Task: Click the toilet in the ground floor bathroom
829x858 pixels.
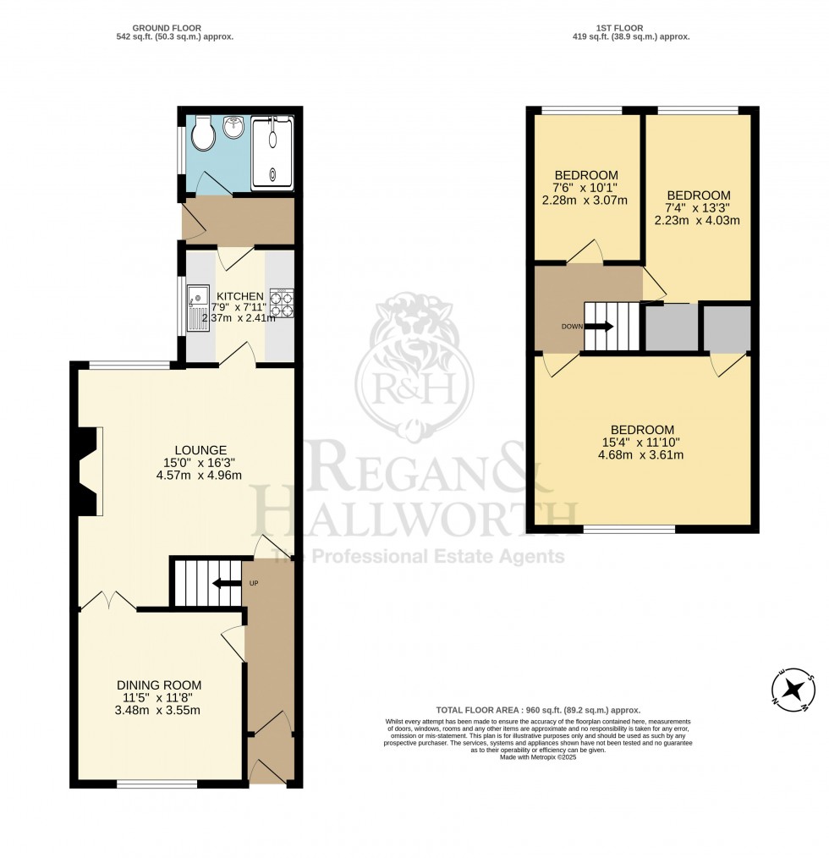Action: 203,134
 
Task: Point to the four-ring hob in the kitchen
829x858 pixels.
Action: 282,303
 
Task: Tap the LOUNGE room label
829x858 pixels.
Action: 200,449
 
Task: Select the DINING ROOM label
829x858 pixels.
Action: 159,685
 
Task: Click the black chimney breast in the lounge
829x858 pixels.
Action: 85,470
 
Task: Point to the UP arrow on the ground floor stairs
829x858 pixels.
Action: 222,583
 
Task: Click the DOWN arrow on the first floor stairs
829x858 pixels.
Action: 598,326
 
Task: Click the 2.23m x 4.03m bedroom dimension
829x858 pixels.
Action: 696,220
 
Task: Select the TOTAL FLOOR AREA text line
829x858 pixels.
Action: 538,710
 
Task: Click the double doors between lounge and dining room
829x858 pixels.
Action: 107,602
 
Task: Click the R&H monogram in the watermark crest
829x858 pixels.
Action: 414,388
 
